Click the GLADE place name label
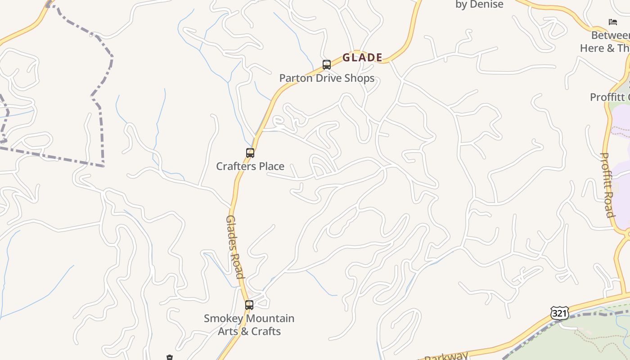pos(362,58)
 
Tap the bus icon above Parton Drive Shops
pos(327,65)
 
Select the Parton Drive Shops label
pos(327,78)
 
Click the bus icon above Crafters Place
pos(250,153)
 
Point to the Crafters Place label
pos(250,166)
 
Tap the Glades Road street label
pos(235,247)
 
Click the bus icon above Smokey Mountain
pos(249,305)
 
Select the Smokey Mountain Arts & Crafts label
pos(249,324)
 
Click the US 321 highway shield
pos(559,313)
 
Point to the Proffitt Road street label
pos(607,184)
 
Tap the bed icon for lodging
pos(612,22)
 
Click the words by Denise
pos(479,4)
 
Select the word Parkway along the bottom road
pos(446,356)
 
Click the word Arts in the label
pos(229,331)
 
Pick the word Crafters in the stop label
pos(236,166)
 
